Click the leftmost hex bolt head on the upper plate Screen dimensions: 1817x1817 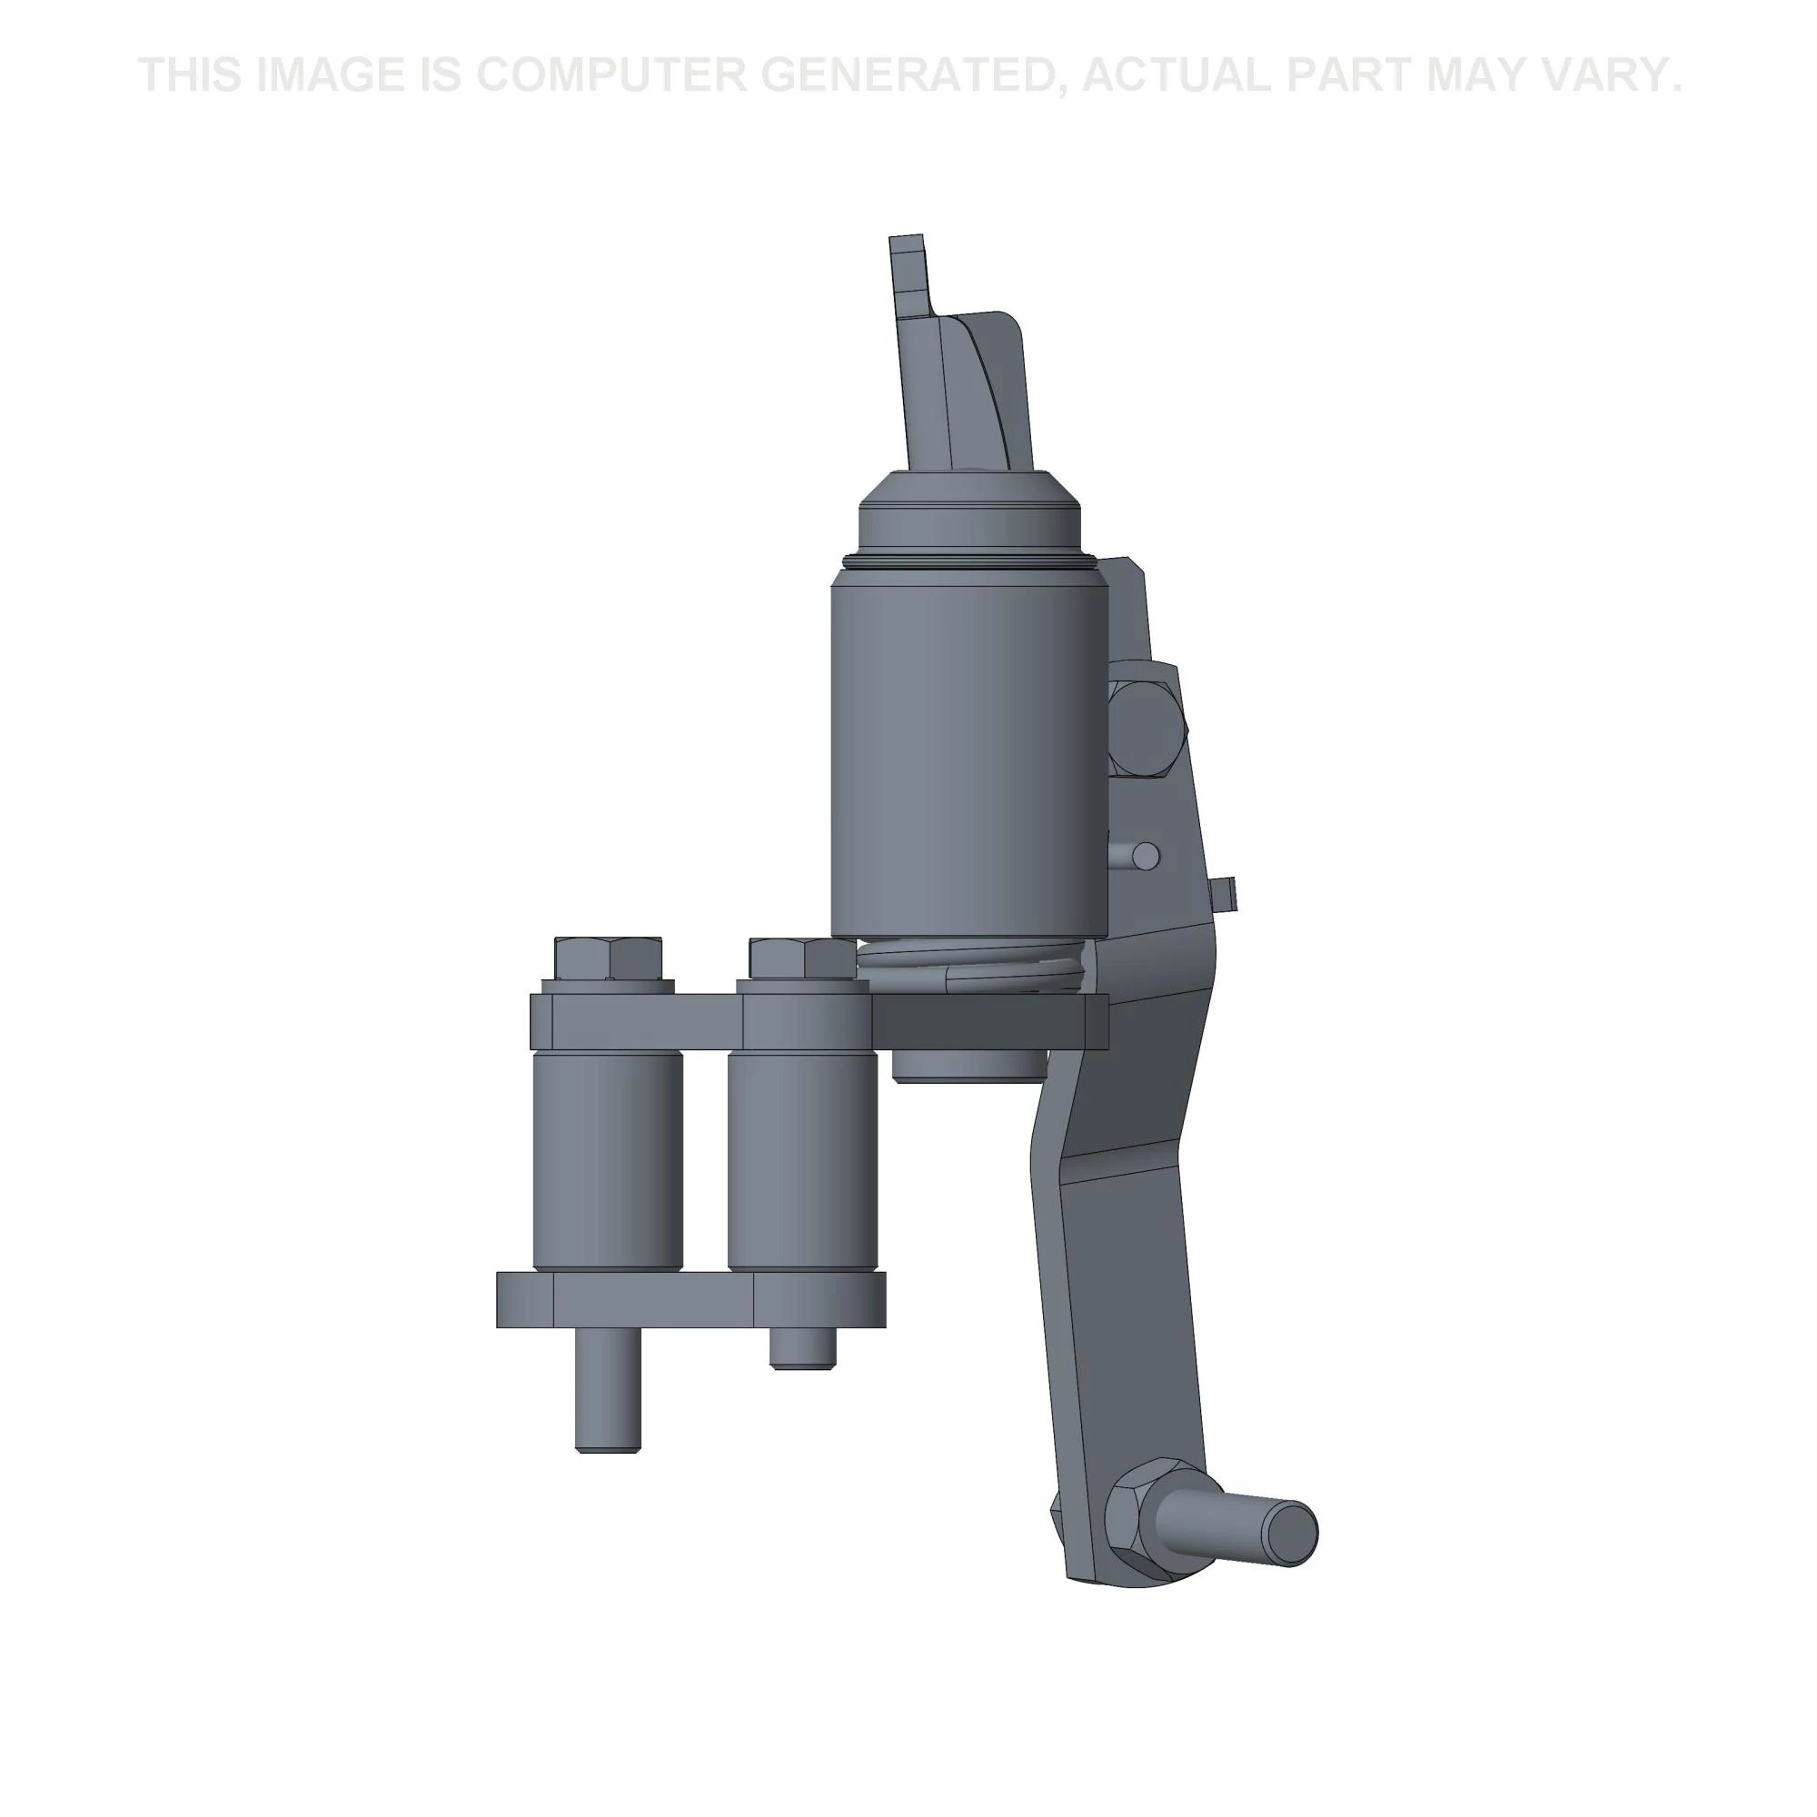coord(609,958)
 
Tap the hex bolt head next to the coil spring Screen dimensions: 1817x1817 coord(803,958)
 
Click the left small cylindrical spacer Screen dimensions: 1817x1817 coord(608,1160)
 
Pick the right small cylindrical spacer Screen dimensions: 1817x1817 coord(802,1160)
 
